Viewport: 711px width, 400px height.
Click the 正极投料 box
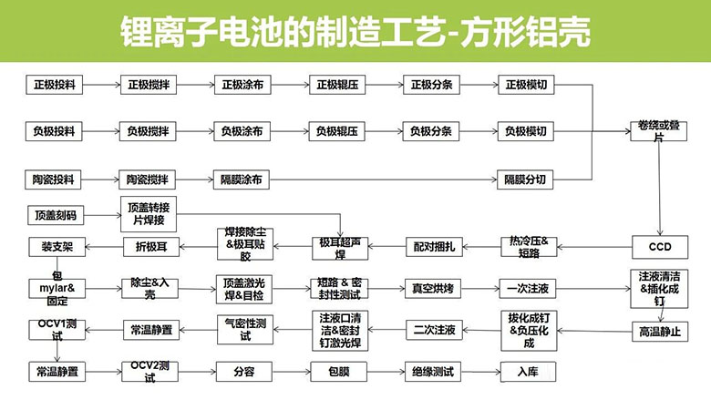(54, 85)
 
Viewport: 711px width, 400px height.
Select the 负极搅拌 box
(148, 131)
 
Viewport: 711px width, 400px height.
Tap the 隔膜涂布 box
(242, 179)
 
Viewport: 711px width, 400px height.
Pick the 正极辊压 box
(337, 85)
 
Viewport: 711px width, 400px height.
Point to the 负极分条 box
(431, 131)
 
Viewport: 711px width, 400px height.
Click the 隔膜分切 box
(525, 179)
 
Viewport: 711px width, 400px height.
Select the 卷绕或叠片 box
(659, 131)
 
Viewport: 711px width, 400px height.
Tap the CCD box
(660, 247)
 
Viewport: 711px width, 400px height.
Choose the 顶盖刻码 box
(56, 215)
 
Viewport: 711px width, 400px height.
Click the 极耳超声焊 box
(340, 249)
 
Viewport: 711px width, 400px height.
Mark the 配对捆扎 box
(434, 247)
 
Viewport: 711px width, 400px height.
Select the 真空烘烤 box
(433, 289)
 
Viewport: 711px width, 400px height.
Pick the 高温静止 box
(660, 332)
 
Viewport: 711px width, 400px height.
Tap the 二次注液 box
(434, 330)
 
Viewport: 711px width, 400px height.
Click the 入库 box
(529, 372)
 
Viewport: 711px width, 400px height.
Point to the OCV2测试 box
(150, 372)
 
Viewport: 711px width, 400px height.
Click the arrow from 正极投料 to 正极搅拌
(101, 85)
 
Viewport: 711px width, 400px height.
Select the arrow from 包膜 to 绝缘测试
(386, 372)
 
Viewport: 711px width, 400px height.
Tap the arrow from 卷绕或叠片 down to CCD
(660, 189)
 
